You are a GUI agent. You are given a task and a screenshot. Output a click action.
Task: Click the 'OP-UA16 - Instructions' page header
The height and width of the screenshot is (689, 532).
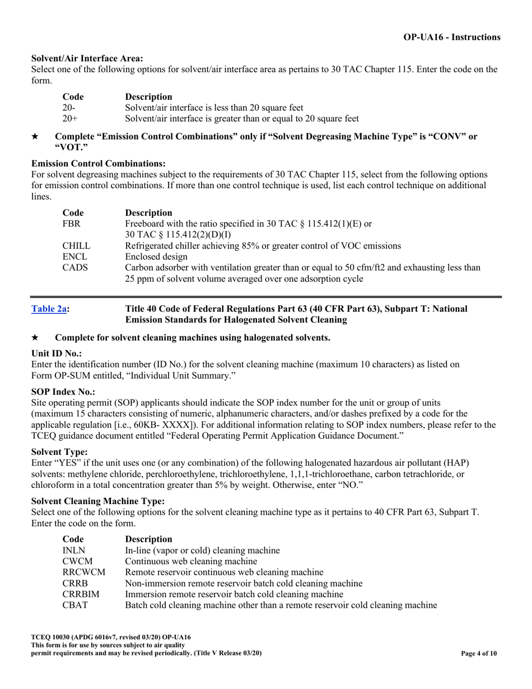(452, 37)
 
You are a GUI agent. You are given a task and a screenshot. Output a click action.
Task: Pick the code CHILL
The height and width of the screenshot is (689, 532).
(76, 245)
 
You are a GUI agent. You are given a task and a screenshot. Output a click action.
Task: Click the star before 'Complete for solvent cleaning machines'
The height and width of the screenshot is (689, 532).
(35, 338)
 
